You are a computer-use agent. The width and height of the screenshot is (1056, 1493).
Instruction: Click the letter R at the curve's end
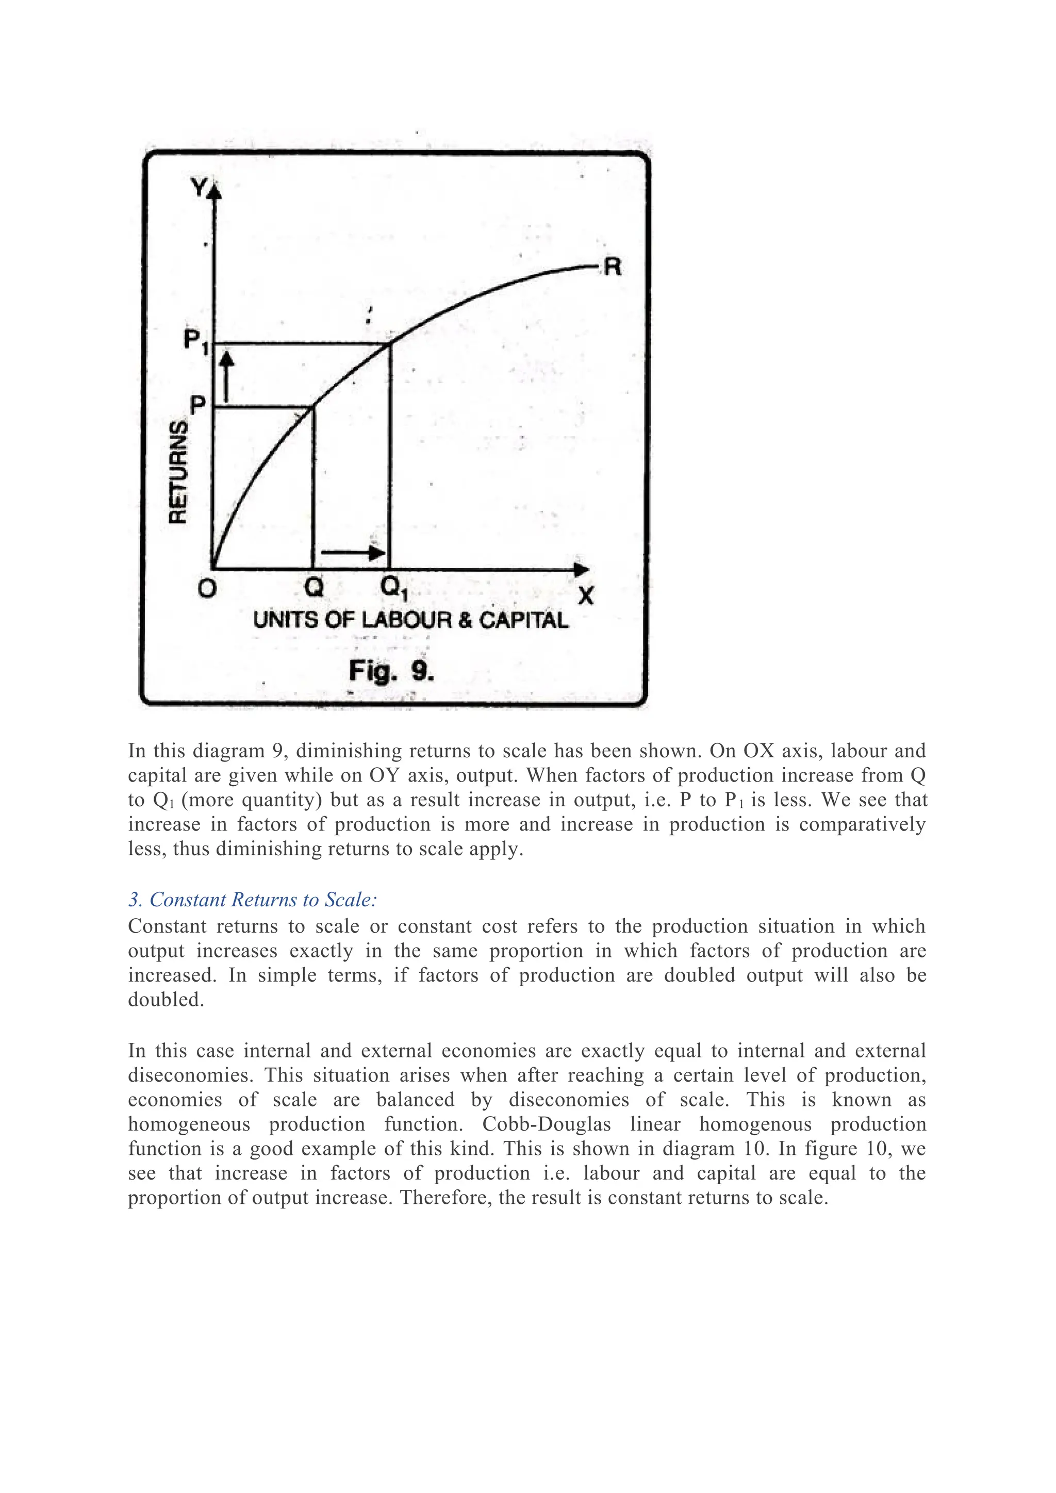pyautogui.click(x=613, y=267)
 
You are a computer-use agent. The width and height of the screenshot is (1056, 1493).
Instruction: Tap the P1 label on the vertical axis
pyautogui.click(x=195, y=341)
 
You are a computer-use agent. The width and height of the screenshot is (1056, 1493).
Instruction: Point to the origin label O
pyautogui.click(x=207, y=588)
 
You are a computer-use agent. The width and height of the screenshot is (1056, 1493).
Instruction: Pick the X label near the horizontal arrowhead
pyautogui.click(x=586, y=595)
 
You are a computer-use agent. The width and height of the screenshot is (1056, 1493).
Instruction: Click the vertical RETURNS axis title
pyautogui.click(x=178, y=471)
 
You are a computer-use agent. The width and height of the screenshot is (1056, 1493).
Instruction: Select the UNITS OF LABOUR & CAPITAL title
pyautogui.click(x=411, y=620)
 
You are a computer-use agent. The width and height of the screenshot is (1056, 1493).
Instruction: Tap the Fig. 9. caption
pyautogui.click(x=391, y=670)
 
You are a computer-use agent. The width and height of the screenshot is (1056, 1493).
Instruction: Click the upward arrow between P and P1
pyautogui.click(x=226, y=377)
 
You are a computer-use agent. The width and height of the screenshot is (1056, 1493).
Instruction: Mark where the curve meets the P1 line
pyautogui.click(x=389, y=343)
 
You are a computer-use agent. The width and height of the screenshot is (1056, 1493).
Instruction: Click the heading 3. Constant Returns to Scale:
pyautogui.click(x=252, y=899)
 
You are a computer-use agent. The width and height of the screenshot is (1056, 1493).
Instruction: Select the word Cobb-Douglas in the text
pyautogui.click(x=546, y=1124)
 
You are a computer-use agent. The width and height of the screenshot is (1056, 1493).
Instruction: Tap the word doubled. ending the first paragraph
pyautogui.click(x=166, y=1000)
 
